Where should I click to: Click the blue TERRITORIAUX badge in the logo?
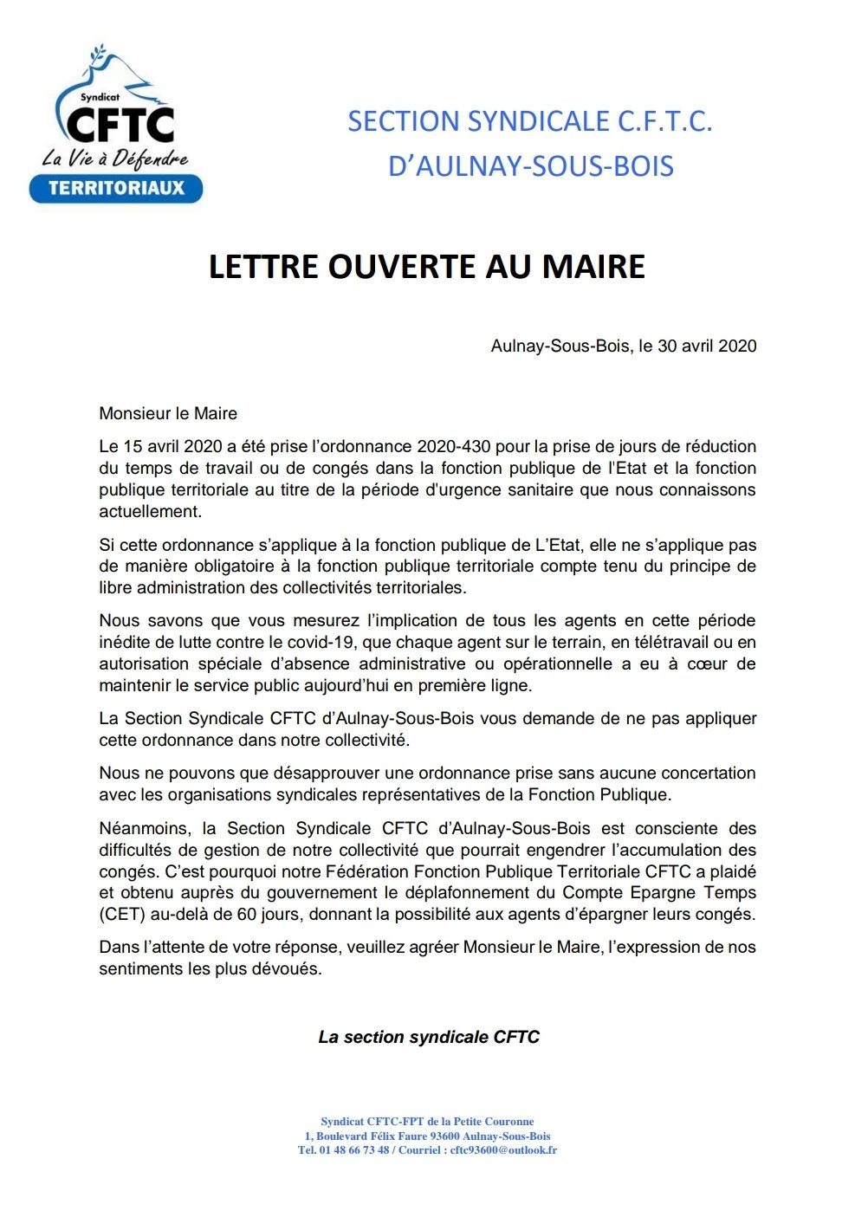tap(116, 188)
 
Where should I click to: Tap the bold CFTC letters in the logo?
tap(120, 126)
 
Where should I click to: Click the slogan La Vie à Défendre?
tap(115, 159)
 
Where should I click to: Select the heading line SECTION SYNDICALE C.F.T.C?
tap(529, 121)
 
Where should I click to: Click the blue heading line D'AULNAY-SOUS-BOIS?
tap(530, 165)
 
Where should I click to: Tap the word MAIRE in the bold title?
tap(594, 267)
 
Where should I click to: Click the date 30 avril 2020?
tap(707, 346)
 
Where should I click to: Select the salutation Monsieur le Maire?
tap(168, 413)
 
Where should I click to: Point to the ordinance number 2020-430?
tap(453, 447)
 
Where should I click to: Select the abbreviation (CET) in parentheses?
tap(121, 915)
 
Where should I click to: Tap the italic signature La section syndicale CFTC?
tap(429, 1037)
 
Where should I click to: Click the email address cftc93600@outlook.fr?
tap(503, 1150)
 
